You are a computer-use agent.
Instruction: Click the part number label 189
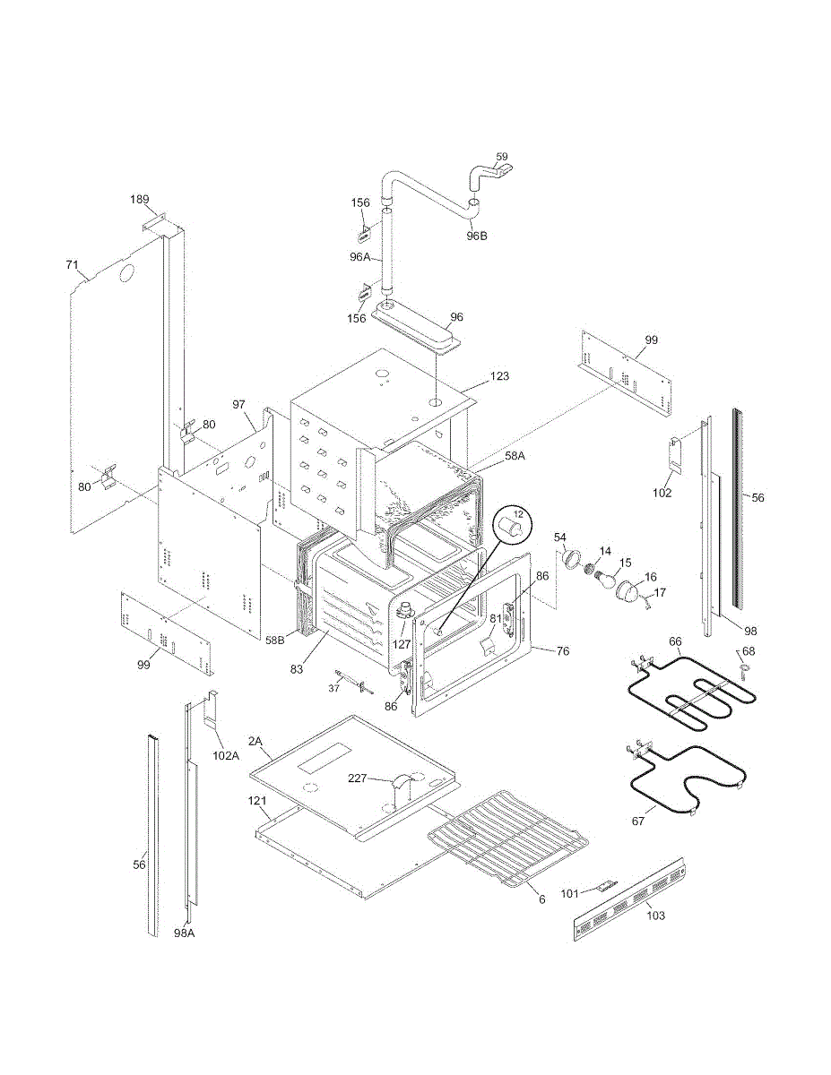point(138,199)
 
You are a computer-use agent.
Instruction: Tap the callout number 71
point(73,265)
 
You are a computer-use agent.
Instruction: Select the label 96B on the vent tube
point(476,236)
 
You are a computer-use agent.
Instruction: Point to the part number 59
point(502,157)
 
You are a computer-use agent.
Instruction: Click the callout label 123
point(499,376)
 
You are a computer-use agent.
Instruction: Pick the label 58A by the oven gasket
point(515,456)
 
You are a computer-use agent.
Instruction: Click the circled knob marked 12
point(513,524)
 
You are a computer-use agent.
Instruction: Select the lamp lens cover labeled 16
point(631,592)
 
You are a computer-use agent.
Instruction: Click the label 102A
point(225,755)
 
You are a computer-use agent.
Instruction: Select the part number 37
point(333,687)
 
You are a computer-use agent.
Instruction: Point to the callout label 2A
point(255,741)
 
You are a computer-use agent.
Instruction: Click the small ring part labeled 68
point(743,670)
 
